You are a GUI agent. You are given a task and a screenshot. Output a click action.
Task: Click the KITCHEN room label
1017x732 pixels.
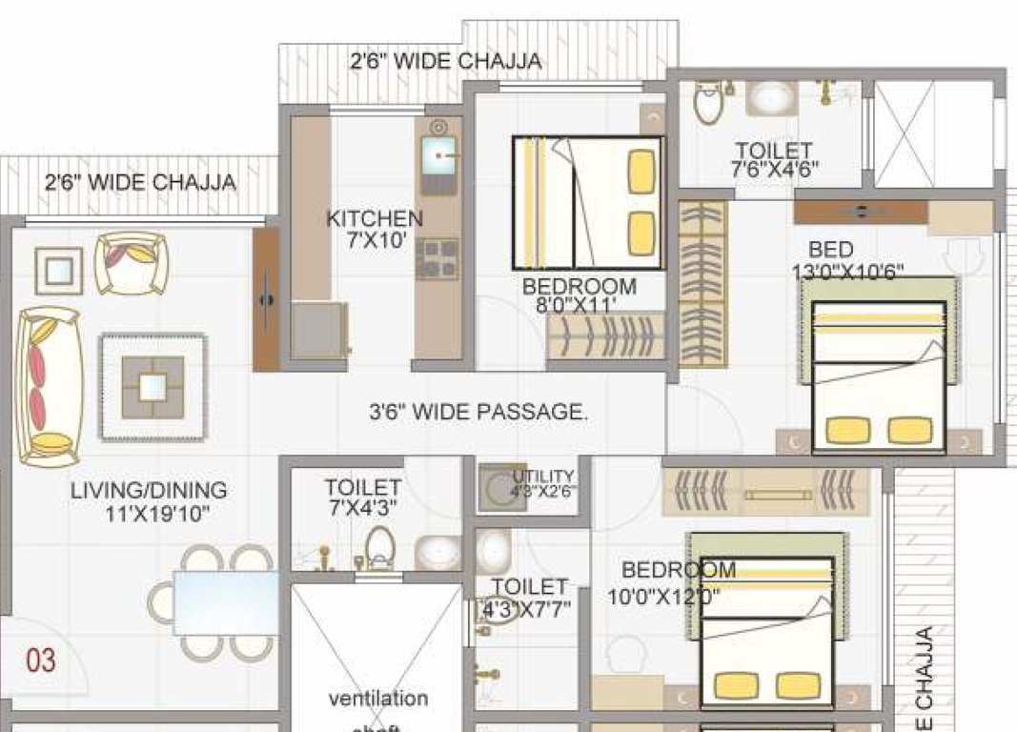tap(375, 218)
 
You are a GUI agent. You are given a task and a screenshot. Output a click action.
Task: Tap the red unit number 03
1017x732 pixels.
tap(40, 660)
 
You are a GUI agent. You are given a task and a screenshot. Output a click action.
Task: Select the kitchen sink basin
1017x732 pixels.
tap(438, 153)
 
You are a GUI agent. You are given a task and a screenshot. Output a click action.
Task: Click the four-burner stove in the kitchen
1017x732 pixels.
tap(437, 259)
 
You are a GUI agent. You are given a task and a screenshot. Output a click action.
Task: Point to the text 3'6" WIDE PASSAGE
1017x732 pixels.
tap(478, 413)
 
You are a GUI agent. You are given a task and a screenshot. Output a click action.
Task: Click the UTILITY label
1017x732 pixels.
tap(543, 476)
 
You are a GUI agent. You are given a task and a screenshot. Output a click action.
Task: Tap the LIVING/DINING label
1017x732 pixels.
tap(149, 491)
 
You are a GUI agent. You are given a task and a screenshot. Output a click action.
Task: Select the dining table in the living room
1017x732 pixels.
tap(226, 602)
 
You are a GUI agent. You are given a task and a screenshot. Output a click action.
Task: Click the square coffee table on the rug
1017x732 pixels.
tap(153, 387)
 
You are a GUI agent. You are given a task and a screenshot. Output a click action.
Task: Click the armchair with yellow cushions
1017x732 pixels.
tap(132, 263)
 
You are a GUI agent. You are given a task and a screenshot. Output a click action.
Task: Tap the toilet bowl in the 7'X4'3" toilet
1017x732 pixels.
tap(380, 549)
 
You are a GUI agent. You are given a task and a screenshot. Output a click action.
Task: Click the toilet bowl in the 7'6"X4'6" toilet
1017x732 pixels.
tap(708, 102)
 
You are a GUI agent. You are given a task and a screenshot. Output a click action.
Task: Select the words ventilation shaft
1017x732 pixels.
tap(378, 710)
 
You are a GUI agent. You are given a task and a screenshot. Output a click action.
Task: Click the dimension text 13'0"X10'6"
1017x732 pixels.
tap(847, 272)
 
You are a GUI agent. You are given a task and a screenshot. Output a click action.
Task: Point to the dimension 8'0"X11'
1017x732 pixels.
tap(578, 306)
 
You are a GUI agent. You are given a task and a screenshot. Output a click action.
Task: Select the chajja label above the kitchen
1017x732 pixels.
tap(446, 62)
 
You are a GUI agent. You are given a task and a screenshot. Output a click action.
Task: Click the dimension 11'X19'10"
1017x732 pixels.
tap(157, 515)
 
